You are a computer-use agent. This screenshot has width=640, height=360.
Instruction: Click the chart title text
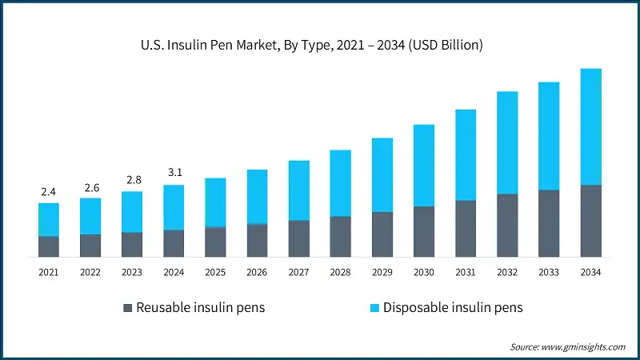[x=319, y=46]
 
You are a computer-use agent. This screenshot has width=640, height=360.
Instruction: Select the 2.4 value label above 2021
[x=49, y=192]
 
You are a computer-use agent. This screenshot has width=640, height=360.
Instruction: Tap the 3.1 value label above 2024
[x=174, y=172]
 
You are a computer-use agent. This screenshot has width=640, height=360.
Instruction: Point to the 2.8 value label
[x=132, y=180]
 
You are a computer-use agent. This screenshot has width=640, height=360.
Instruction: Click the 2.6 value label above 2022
[x=90, y=187]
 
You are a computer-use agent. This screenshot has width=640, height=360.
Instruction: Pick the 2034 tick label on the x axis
[x=590, y=273]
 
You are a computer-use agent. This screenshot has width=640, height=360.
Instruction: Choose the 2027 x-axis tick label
[x=298, y=273]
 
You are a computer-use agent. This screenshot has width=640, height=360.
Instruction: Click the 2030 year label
[x=424, y=273]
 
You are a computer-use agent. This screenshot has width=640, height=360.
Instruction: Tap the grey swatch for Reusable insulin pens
[x=127, y=308]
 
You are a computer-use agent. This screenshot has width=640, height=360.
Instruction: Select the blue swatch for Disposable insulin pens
[x=374, y=308]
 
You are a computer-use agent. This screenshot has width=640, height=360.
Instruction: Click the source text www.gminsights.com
[x=567, y=346]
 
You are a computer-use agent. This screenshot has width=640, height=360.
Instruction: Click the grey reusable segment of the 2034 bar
[x=590, y=221]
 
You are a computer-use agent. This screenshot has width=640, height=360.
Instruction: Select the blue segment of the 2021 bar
[x=49, y=219]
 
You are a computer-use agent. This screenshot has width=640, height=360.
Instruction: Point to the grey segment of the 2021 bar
[x=49, y=246]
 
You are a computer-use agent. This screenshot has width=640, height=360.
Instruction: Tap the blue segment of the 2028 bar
[x=340, y=183]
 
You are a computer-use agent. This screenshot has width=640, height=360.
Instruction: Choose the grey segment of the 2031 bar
[x=466, y=229]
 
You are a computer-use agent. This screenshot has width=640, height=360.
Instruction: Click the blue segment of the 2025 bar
[x=215, y=202]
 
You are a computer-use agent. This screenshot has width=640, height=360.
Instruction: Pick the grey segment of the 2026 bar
[x=257, y=240]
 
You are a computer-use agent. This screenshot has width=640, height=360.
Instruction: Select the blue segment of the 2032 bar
[x=507, y=142]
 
